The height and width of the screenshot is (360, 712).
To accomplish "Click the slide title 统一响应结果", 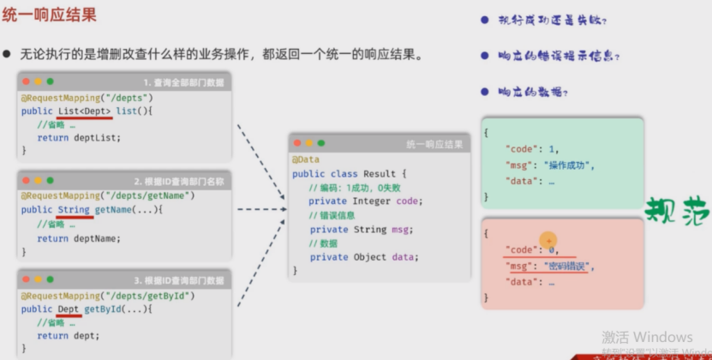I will [x=50, y=15].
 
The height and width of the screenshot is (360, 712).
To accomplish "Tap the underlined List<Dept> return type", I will [x=85, y=111].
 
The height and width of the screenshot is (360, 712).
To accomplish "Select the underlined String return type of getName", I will [x=74, y=210].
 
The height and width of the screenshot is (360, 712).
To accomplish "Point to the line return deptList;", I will [x=79, y=137].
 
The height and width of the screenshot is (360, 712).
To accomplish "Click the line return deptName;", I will [x=79, y=238].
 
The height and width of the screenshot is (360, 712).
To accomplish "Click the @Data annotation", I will [x=306, y=159].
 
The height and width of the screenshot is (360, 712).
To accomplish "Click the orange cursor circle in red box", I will [x=548, y=242].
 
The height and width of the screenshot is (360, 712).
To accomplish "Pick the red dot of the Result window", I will [x=296, y=143].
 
